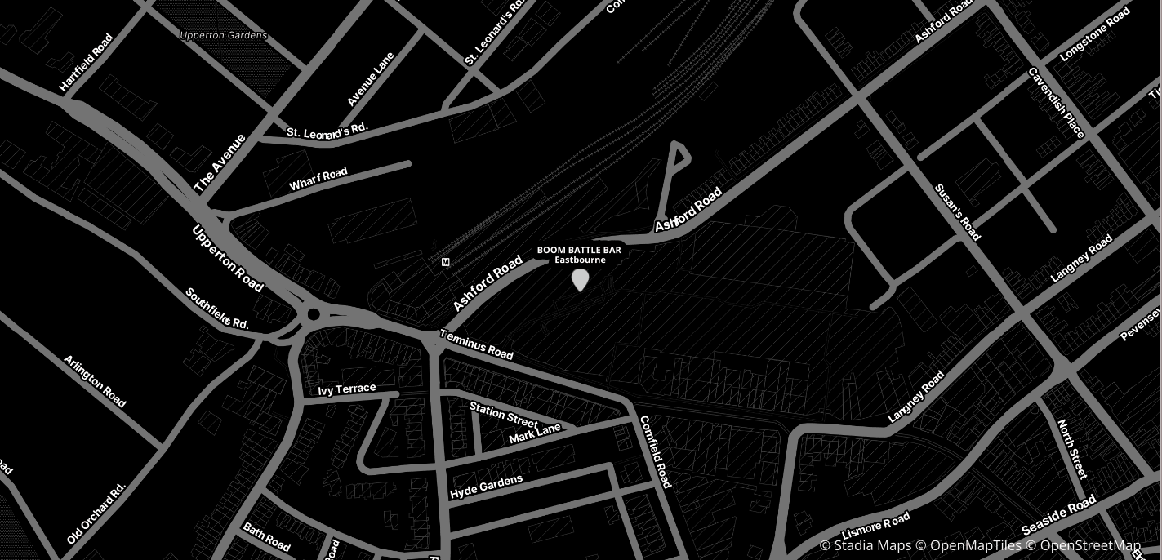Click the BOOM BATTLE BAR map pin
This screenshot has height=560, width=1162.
[x=580, y=280]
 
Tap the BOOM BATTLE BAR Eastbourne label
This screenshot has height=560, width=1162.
[x=580, y=255]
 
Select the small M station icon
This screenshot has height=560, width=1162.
[x=445, y=262]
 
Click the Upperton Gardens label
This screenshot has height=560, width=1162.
[x=223, y=36]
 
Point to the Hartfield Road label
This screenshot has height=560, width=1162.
[x=86, y=63]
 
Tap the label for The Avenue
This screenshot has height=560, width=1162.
[x=220, y=163]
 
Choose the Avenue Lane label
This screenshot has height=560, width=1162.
[x=371, y=79]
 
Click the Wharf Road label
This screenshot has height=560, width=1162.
[x=318, y=179]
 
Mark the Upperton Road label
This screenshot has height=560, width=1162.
[x=228, y=258]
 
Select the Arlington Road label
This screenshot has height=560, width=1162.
[x=95, y=381]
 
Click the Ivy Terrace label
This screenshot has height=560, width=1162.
[x=347, y=389]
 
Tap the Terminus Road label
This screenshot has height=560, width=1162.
[x=477, y=344]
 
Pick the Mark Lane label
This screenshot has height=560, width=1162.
[x=535, y=433]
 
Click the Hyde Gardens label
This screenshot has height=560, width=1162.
[x=486, y=487]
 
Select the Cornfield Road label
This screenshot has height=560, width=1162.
[x=655, y=452]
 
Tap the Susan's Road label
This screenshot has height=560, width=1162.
[x=957, y=212]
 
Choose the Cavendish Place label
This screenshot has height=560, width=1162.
[x=1056, y=103]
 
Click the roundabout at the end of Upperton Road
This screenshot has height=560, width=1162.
[x=313, y=314]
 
